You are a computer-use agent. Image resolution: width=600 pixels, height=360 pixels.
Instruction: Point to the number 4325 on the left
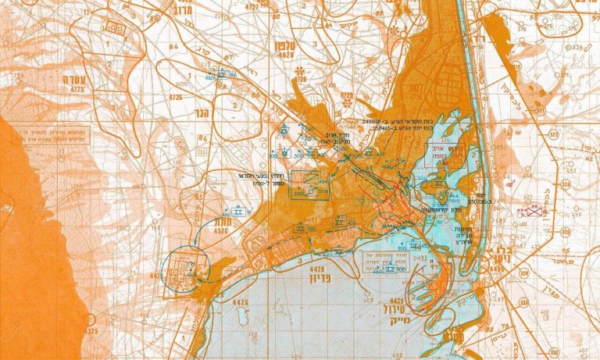click(91, 330)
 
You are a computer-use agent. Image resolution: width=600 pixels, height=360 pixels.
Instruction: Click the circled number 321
click(564, 231)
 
